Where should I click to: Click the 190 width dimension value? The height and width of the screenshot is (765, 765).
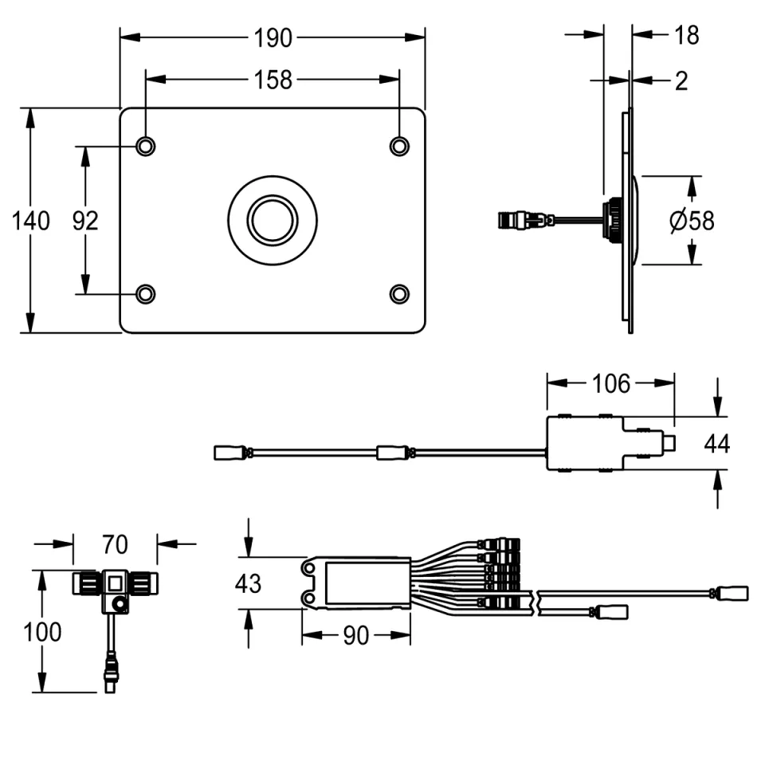(x=273, y=37)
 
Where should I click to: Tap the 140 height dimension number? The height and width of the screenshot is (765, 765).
(x=30, y=221)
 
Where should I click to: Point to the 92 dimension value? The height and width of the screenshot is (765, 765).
(x=85, y=221)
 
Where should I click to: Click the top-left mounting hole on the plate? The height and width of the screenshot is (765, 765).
(x=145, y=146)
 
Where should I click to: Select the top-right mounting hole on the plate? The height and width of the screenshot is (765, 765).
(x=399, y=146)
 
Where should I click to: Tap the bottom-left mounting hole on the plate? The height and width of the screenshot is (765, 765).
(x=145, y=294)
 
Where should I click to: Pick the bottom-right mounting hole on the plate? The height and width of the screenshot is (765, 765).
(x=399, y=294)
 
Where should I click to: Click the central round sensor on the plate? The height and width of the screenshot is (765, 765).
(x=273, y=219)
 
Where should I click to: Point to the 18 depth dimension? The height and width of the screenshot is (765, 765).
(x=686, y=35)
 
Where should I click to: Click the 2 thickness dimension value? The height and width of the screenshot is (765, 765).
(x=681, y=80)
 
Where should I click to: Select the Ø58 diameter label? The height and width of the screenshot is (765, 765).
(x=692, y=221)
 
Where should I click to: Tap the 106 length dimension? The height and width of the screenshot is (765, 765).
(x=611, y=383)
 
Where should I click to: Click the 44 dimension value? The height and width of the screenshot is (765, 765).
(x=717, y=443)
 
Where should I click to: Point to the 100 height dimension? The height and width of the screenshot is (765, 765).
(x=42, y=632)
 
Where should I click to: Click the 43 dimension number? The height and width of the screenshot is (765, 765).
(x=248, y=583)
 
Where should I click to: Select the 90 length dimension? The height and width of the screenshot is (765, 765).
(x=355, y=635)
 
